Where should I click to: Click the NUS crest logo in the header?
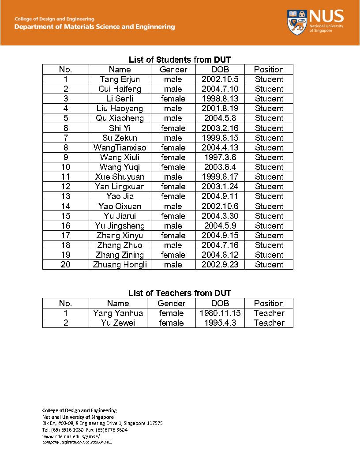(297, 23)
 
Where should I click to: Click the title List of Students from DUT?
(180, 60)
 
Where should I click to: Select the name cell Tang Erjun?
(120, 79)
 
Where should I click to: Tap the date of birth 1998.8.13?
(220, 99)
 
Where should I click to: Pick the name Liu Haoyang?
(120, 109)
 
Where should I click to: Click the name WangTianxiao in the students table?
(120, 148)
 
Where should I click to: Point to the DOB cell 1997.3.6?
(220, 158)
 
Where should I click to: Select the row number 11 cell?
(65, 177)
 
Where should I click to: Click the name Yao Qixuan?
(120, 207)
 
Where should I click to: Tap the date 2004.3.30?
(220, 216)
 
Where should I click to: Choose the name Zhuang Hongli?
(120, 265)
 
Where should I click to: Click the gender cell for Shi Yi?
(173, 128)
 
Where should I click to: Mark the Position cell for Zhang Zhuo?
(269, 245)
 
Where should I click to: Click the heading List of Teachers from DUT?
(180, 293)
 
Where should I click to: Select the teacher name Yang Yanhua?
(118, 313)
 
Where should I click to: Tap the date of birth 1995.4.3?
(220, 323)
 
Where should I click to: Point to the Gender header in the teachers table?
(171, 304)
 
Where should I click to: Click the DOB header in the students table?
(220, 70)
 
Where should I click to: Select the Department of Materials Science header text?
(94, 27)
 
